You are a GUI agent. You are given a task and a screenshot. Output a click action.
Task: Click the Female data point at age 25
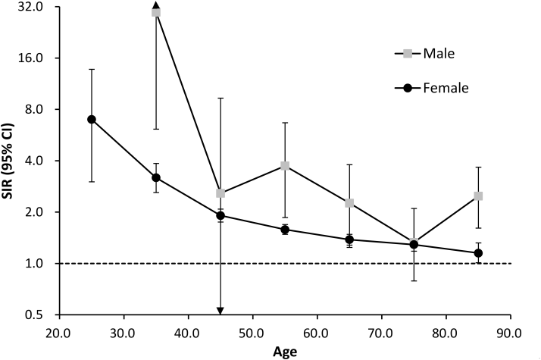[x=92, y=119]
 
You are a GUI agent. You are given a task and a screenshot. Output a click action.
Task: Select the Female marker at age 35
[x=156, y=177]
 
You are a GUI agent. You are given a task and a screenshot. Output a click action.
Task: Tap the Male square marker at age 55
[x=285, y=165]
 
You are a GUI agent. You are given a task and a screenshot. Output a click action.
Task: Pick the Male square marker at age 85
[x=479, y=196]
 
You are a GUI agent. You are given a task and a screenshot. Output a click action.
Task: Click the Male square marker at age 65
[x=349, y=202]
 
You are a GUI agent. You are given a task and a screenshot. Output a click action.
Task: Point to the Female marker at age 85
[x=479, y=253]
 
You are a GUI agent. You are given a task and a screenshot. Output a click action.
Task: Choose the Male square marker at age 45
[x=220, y=193]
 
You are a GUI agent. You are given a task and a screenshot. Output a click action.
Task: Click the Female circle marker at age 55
[x=285, y=229]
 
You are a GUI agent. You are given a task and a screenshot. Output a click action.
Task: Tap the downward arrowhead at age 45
[x=220, y=311]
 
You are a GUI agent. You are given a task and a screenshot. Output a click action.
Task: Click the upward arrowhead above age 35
[x=156, y=5]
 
